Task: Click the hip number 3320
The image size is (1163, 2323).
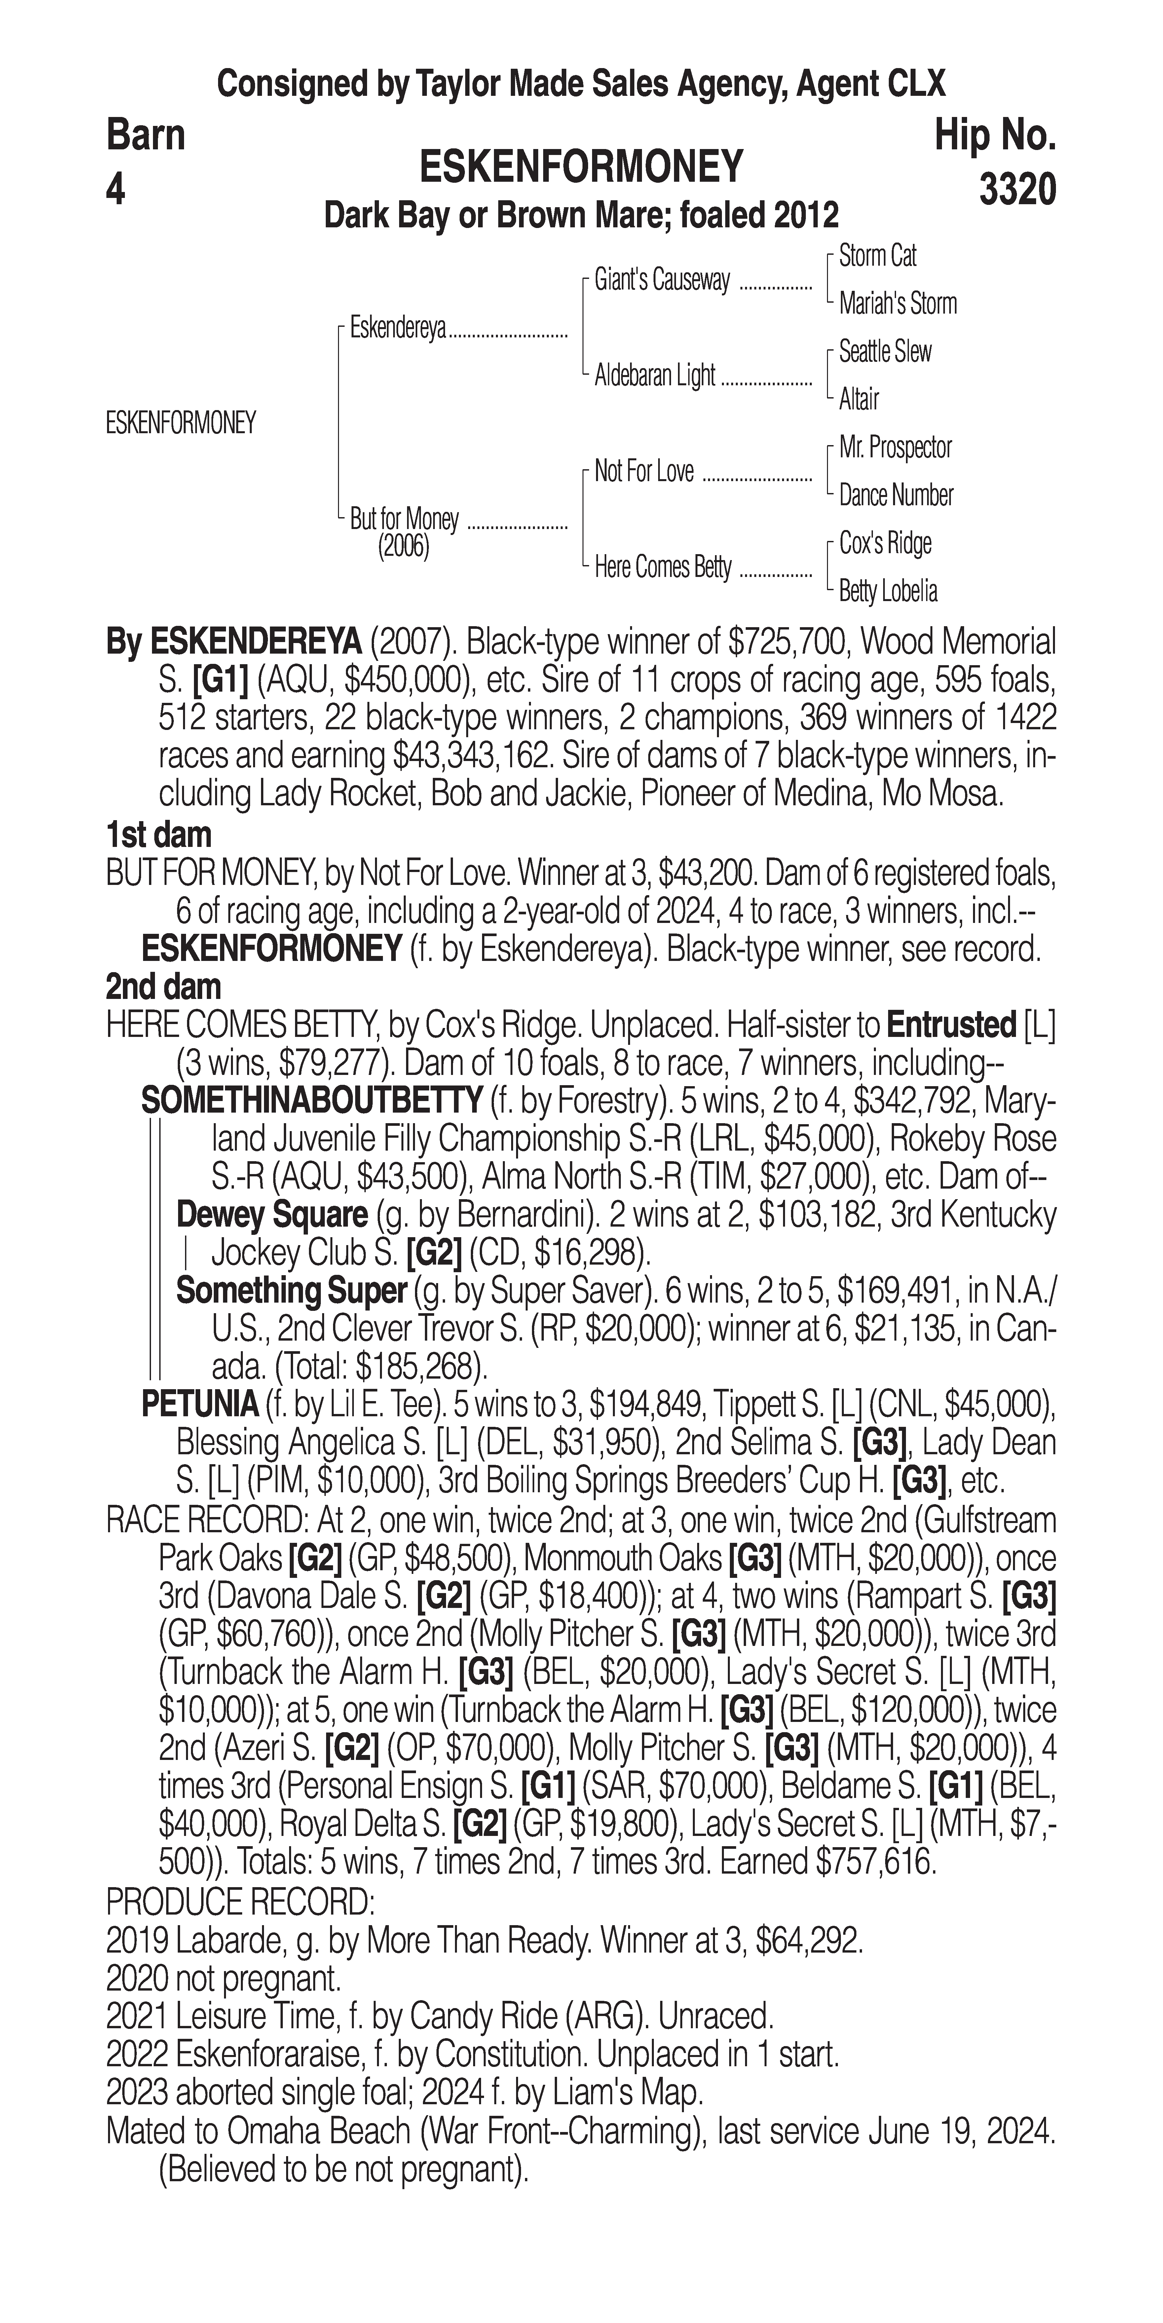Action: point(1017,190)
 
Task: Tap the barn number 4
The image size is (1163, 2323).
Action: point(115,190)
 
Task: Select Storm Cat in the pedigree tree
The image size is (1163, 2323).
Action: point(877,256)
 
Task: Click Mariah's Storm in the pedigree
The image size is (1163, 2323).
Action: point(897,304)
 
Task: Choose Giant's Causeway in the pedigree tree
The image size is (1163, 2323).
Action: point(662,281)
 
